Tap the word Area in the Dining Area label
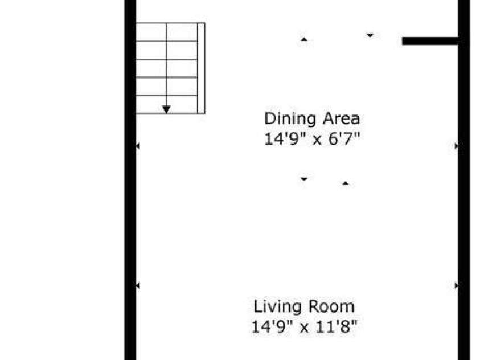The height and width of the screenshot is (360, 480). click(341, 118)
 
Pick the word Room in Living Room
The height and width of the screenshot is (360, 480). click(331, 306)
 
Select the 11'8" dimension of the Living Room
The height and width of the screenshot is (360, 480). click(336, 326)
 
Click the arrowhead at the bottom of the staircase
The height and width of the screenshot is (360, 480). click(166, 109)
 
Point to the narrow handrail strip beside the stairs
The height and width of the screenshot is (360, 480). click(201, 68)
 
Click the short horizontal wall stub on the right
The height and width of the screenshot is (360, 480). click(430, 41)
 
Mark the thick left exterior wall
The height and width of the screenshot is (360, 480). click(130, 180)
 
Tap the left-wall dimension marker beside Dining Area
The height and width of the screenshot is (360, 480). click(138, 146)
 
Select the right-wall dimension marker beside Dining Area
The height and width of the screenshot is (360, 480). click(457, 146)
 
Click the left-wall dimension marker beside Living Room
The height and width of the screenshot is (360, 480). click(138, 285)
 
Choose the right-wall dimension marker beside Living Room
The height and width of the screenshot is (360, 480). click(457, 285)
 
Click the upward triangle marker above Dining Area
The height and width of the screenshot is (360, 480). click(303, 39)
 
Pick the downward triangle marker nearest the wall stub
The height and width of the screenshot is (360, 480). click(370, 35)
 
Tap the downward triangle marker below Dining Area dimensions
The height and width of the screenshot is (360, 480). click(303, 179)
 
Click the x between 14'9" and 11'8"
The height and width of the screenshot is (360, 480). click(304, 329)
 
